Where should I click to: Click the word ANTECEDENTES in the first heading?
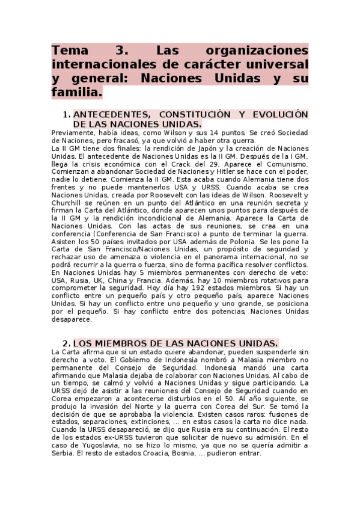[x=111, y=114]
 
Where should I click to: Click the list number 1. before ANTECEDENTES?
[x=67, y=114]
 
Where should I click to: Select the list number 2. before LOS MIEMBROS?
[x=67, y=342]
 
